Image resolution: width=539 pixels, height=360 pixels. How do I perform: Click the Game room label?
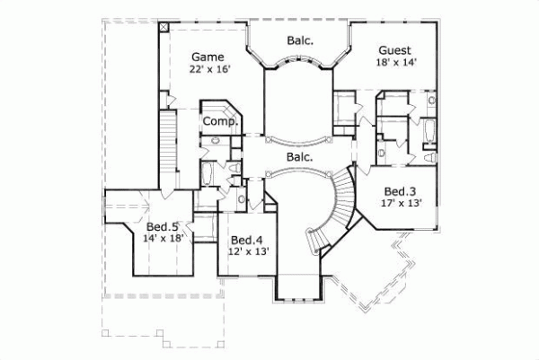click(207, 57)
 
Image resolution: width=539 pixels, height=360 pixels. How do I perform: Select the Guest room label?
click(395, 50)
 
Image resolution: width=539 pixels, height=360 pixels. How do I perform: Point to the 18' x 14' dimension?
click(395, 63)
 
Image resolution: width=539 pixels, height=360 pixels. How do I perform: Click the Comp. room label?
click(218, 121)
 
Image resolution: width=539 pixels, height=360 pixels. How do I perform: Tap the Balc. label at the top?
click(300, 40)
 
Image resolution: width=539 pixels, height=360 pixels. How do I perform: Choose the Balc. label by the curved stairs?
click(299, 157)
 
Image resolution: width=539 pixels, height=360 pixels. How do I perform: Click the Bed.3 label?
click(399, 192)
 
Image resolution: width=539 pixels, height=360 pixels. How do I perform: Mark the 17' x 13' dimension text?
click(399, 204)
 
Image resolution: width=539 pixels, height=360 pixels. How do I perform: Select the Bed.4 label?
click(245, 241)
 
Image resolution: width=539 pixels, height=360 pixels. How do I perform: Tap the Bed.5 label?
click(162, 227)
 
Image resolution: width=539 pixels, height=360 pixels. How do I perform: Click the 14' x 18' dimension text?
click(162, 239)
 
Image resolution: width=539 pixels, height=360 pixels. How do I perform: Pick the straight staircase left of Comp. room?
click(166, 144)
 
